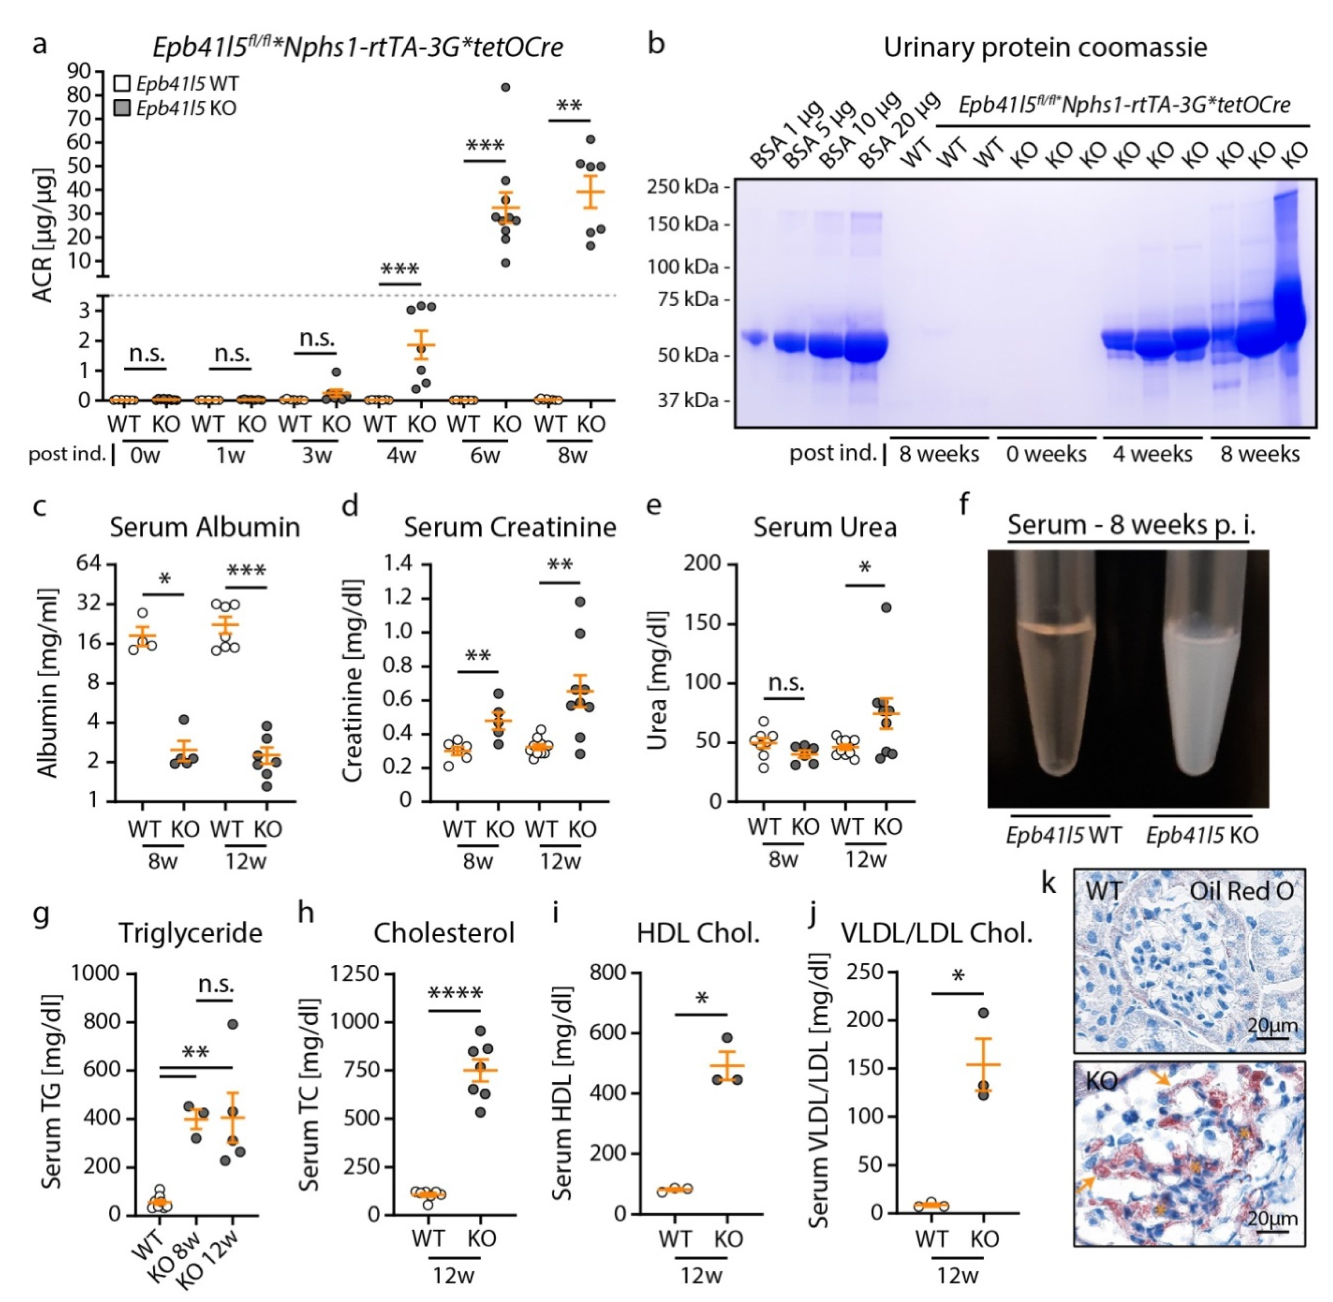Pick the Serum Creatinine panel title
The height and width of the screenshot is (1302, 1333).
click(x=509, y=527)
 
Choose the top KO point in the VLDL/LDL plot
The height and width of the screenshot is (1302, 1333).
click(x=983, y=1013)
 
